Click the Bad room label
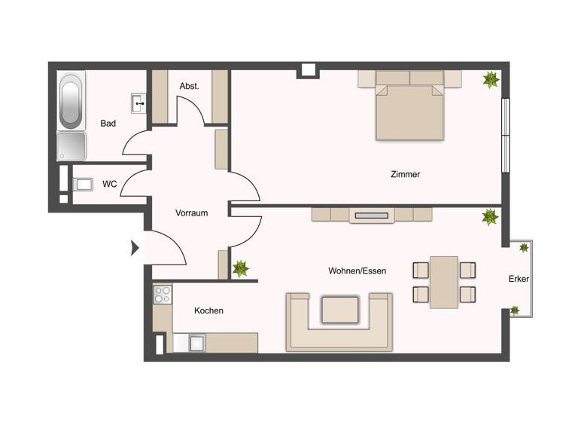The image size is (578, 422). (x=108, y=124)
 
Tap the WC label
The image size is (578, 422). (x=109, y=183)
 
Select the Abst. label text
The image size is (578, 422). (x=189, y=87)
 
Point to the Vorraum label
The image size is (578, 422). (x=191, y=213)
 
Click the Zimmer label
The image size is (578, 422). (x=405, y=174)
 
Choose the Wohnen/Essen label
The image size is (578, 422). (x=357, y=271)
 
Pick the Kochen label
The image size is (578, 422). (x=208, y=310)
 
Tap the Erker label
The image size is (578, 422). (x=519, y=279)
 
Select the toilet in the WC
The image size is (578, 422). (x=82, y=184)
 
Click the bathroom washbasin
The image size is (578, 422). (x=139, y=102)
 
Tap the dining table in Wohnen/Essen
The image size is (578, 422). (x=444, y=282)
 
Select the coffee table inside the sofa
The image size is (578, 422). (x=339, y=310)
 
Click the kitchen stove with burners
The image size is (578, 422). (x=163, y=294)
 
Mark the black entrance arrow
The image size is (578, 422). (x=135, y=247)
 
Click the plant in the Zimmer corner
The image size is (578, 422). (x=491, y=79)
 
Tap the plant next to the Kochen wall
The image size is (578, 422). (x=241, y=268)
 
